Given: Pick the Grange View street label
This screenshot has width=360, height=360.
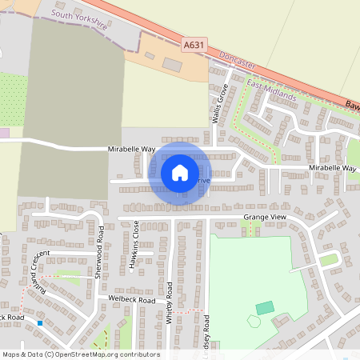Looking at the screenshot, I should (x=264, y=217).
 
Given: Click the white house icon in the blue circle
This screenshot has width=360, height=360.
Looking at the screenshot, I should (x=180, y=173).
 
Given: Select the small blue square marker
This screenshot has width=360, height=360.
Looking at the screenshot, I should (x=39, y=323).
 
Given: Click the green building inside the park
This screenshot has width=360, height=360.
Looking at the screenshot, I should (x=264, y=308).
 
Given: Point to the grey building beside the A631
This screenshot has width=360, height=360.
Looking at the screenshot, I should (x=172, y=64).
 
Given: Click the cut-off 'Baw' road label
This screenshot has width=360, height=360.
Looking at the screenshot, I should (x=352, y=105).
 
